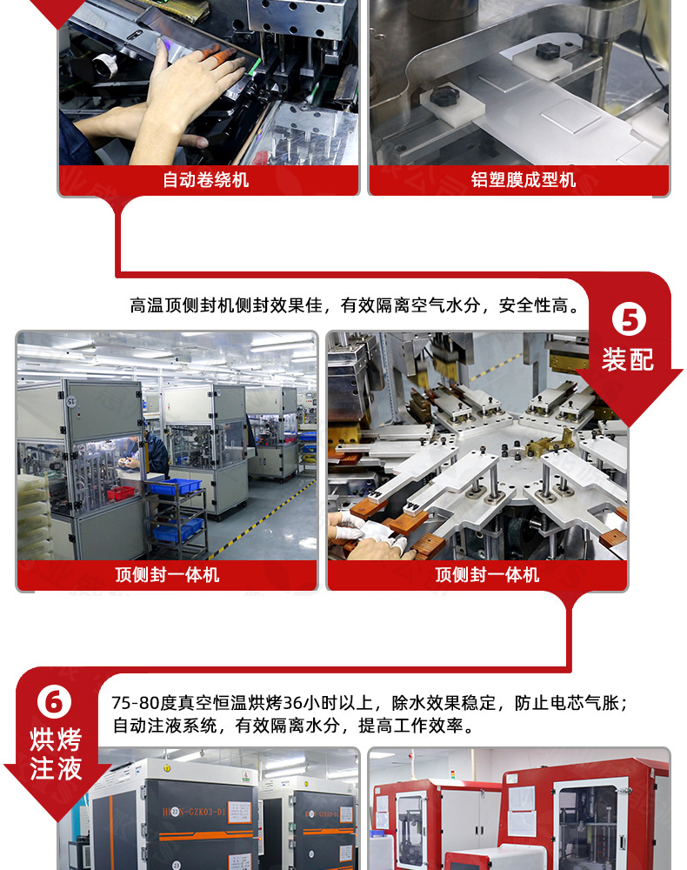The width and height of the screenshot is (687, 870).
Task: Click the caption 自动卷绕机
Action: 206,180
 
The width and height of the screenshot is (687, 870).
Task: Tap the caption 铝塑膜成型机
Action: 524,180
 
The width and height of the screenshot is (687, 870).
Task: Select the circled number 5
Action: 629,320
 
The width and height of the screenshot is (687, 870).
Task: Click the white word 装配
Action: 628,358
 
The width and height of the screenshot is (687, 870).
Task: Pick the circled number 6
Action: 55,701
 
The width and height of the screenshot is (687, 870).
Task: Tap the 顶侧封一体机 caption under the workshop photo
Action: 167,575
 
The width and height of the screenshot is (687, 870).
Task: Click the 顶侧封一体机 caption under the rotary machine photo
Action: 487,575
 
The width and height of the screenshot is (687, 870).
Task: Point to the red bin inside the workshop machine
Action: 121,493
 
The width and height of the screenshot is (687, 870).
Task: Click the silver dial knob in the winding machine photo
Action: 105,63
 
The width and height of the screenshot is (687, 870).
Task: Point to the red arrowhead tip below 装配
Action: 628,424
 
